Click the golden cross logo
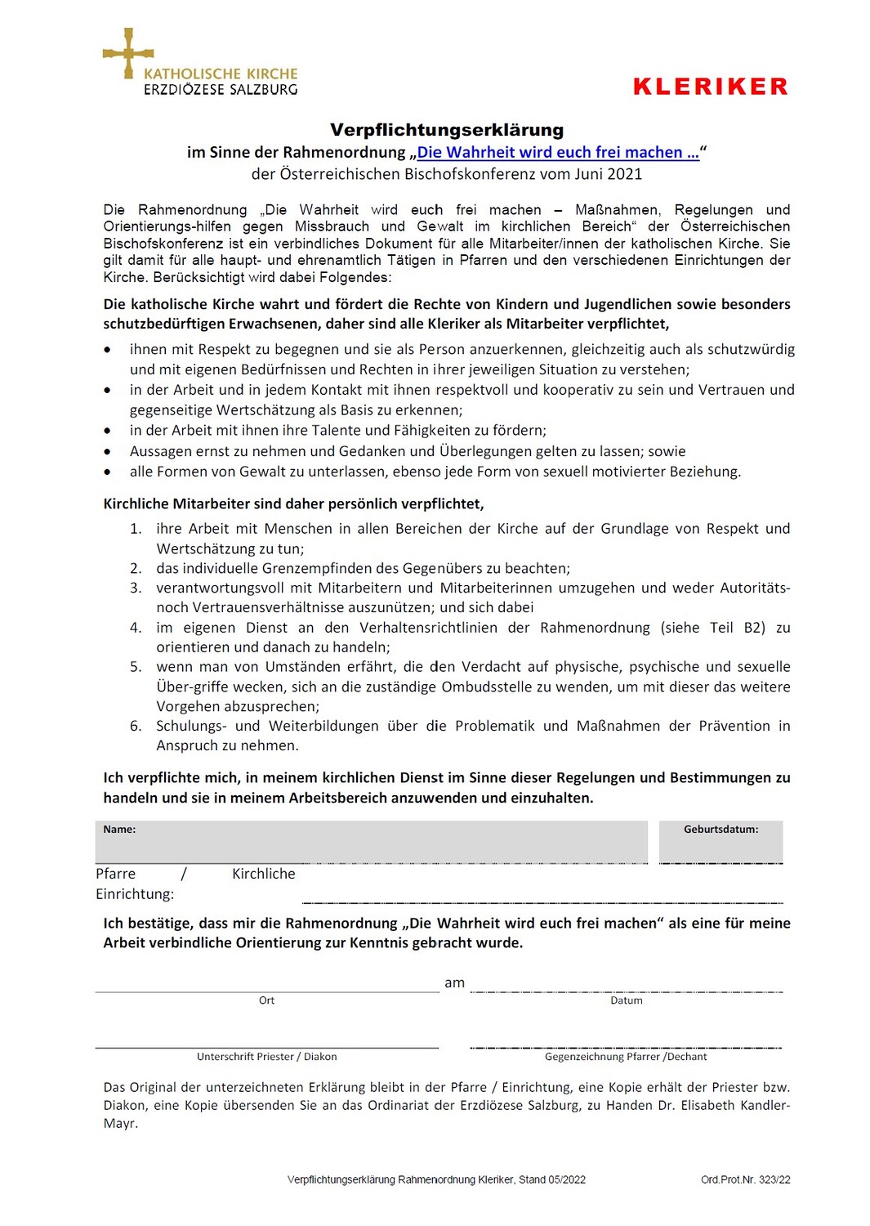[x=128, y=53]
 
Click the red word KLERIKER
[x=710, y=87]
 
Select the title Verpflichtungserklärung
[x=447, y=130]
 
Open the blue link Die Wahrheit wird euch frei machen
[x=558, y=153]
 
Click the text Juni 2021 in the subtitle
[x=609, y=174]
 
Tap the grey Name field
[x=372, y=842]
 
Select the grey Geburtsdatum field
[x=721, y=842]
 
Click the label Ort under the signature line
[x=266, y=1000]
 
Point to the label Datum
[x=627, y=1000]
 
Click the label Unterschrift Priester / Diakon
[x=266, y=1057]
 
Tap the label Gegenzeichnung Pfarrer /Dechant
[x=626, y=1057]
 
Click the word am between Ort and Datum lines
[x=454, y=983]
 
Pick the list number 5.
[x=136, y=667]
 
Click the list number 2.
[x=136, y=568]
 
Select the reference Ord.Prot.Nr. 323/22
[x=745, y=1179]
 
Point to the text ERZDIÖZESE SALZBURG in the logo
[x=221, y=90]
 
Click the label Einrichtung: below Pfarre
[x=135, y=894]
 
